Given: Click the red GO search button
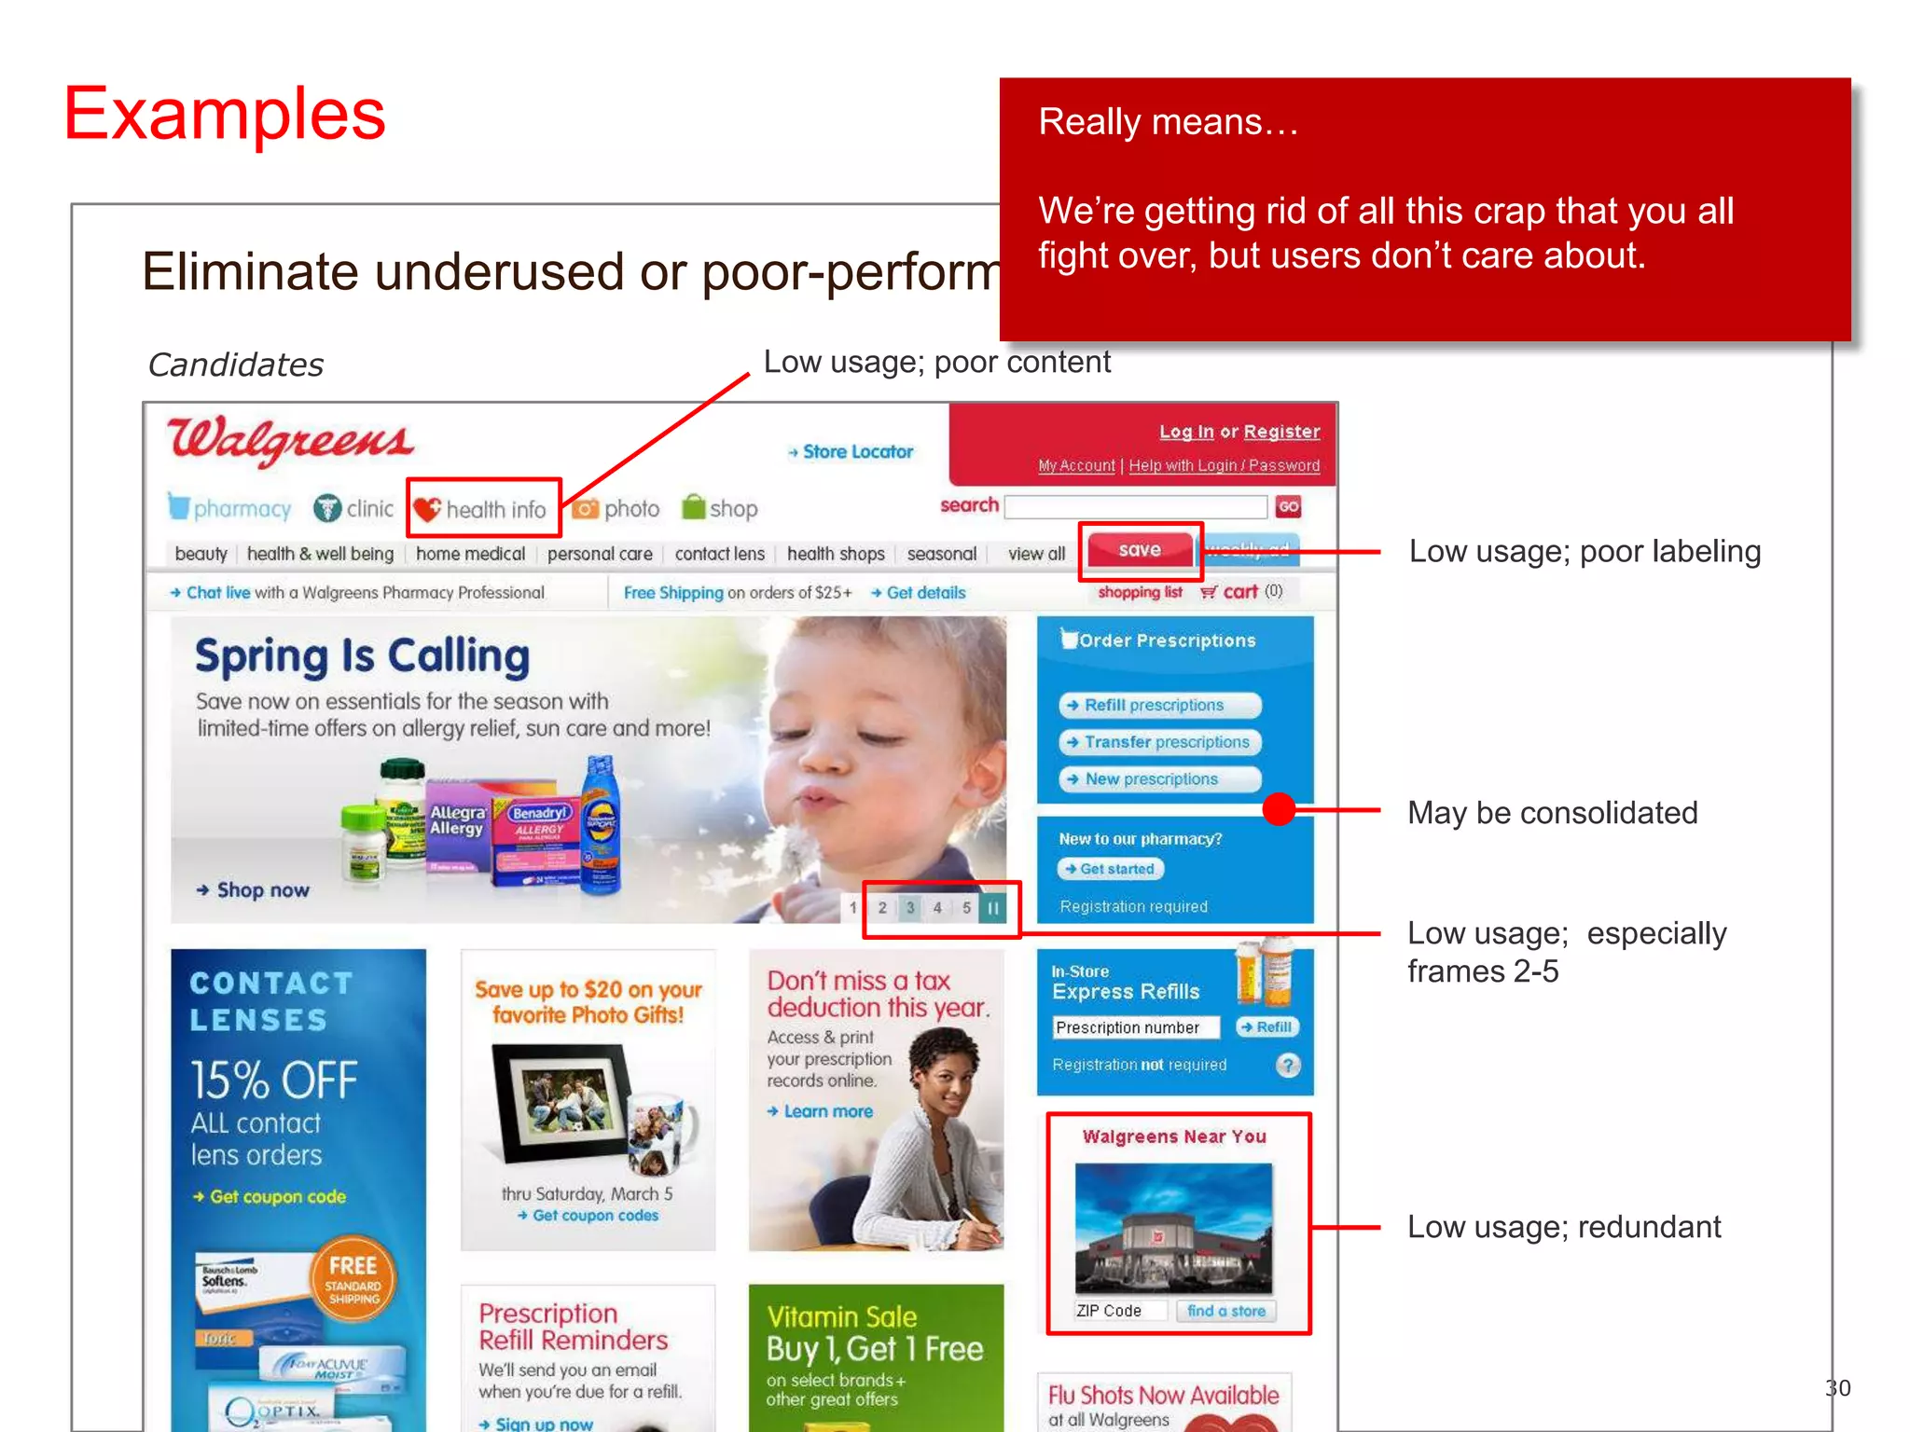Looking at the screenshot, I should click(1288, 507).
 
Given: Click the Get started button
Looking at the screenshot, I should click(1111, 869).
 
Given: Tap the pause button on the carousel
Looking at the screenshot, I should click(993, 907).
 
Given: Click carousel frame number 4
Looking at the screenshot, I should click(937, 907).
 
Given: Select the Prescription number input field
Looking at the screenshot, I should click(1135, 1027).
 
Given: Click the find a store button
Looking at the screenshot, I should click(1225, 1311).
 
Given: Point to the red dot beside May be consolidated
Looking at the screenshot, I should click(1279, 809).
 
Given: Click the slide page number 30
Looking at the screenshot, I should click(1837, 1388).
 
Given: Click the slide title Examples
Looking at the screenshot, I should click(225, 114).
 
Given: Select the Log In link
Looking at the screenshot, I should click(1185, 432).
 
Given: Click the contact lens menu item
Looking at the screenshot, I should click(719, 554).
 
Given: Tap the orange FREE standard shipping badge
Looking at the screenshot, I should click(353, 1278).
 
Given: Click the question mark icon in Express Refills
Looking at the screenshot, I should click(1288, 1065).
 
